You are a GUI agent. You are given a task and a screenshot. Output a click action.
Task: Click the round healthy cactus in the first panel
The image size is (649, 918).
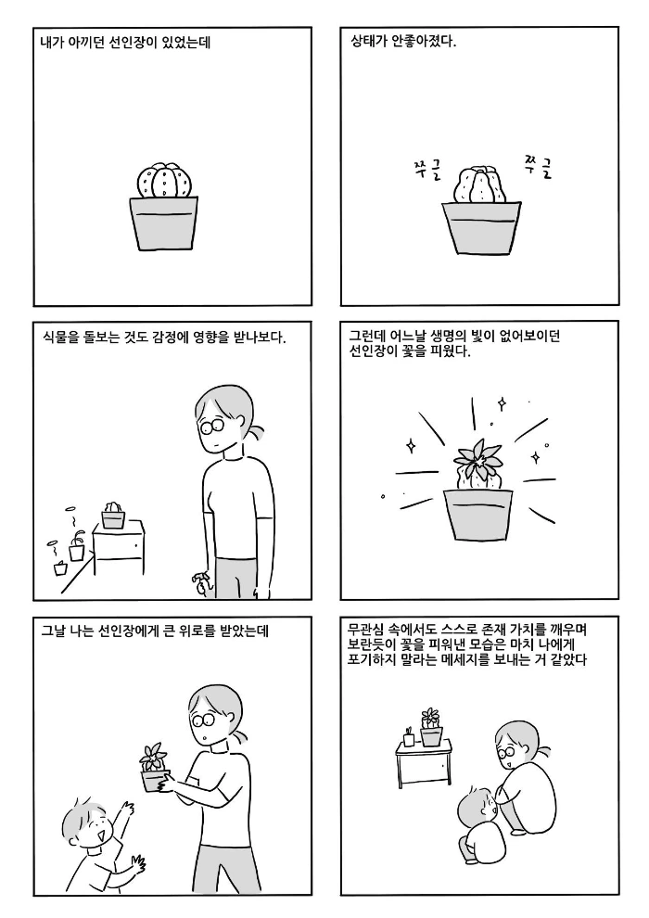166,181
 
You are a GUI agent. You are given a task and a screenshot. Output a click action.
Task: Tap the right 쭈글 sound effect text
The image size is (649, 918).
538,165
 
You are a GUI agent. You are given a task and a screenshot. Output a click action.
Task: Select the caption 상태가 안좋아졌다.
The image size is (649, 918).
403,42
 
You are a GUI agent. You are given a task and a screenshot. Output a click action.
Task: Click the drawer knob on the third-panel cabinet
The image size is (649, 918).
136,545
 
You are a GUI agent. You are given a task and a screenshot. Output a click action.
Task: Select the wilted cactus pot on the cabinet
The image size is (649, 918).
112,516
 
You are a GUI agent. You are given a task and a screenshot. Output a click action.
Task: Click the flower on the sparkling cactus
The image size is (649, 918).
477,459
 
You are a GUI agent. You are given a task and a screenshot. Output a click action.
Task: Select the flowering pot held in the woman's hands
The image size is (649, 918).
153,767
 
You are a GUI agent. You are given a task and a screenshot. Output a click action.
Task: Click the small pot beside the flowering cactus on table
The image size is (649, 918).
408,738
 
